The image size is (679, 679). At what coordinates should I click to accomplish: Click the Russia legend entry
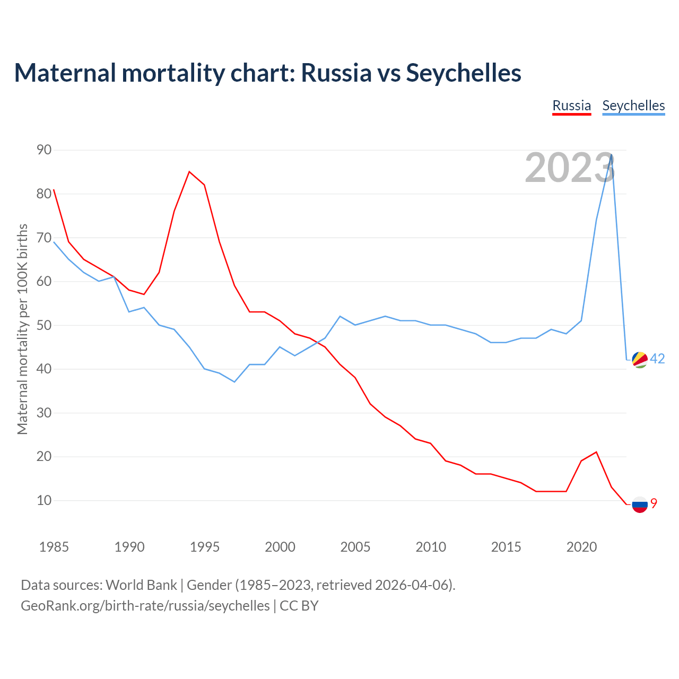click(571, 106)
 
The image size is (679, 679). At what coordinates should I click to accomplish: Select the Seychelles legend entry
click(633, 106)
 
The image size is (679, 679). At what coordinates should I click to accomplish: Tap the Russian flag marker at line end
click(640, 504)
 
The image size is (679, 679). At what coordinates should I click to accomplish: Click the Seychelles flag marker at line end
click(640, 360)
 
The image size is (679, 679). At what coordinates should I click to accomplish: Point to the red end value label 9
click(654, 503)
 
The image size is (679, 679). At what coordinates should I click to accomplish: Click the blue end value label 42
click(657, 359)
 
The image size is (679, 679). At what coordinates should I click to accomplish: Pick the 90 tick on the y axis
click(44, 150)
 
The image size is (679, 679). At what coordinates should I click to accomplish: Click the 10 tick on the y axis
click(44, 500)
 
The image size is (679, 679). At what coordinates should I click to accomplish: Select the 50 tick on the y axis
click(44, 325)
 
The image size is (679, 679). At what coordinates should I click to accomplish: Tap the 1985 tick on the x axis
click(54, 547)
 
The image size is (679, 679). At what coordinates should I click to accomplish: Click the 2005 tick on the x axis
click(355, 547)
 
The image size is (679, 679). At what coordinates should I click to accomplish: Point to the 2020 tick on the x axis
click(581, 547)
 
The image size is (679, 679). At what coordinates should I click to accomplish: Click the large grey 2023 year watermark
click(570, 168)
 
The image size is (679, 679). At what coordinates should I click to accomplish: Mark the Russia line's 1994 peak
click(189, 171)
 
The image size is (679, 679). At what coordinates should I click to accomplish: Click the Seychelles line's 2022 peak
click(612, 154)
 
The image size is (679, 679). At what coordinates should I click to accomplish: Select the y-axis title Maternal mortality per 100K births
click(22, 329)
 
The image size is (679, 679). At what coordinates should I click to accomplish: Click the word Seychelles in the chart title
click(464, 73)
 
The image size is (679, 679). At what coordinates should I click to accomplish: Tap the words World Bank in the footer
click(141, 585)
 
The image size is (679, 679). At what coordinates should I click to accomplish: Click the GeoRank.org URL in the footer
click(145, 606)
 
